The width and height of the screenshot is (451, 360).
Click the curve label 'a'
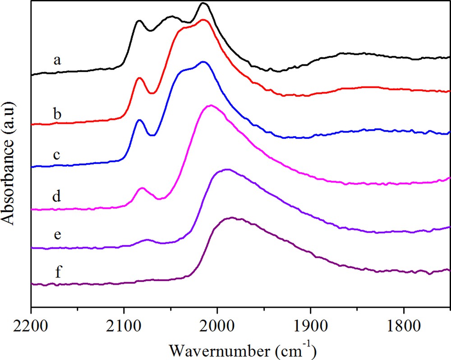[x=57, y=60]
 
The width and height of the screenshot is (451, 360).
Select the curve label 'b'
[x=57, y=114]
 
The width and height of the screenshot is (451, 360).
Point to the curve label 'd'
[x=57, y=196]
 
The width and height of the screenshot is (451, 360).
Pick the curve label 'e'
[x=57, y=235]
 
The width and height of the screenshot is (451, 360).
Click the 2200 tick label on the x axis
[x=31, y=324]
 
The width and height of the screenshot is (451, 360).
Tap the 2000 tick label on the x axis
[x=217, y=324]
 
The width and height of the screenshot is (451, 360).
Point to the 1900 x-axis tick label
[x=311, y=324]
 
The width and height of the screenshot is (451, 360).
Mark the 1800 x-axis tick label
[x=404, y=324]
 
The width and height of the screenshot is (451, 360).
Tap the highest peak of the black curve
[x=203, y=4]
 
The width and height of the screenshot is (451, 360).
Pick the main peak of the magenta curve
[x=210, y=105]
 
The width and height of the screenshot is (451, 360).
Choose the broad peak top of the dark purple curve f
[x=232, y=218]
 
